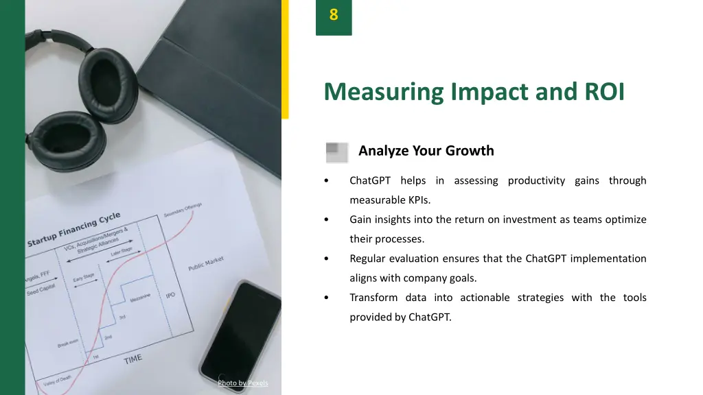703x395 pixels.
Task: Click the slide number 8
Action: pyautogui.click(x=334, y=14)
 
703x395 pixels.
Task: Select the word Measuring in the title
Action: pyautogui.click(x=384, y=92)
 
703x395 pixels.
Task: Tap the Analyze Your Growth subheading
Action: pyautogui.click(x=426, y=151)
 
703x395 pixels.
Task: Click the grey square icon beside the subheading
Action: pyautogui.click(x=336, y=152)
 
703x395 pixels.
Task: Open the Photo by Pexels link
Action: pyautogui.click(x=243, y=383)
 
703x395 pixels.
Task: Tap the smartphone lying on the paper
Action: pyautogui.click(x=240, y=336)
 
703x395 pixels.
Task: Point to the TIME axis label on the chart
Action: pyautogui.click(x=133, y=359)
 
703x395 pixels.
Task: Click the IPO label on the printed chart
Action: pyautogui.click(x=170, y=296)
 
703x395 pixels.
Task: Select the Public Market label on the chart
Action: pyautogui.click(x=206, y=264)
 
